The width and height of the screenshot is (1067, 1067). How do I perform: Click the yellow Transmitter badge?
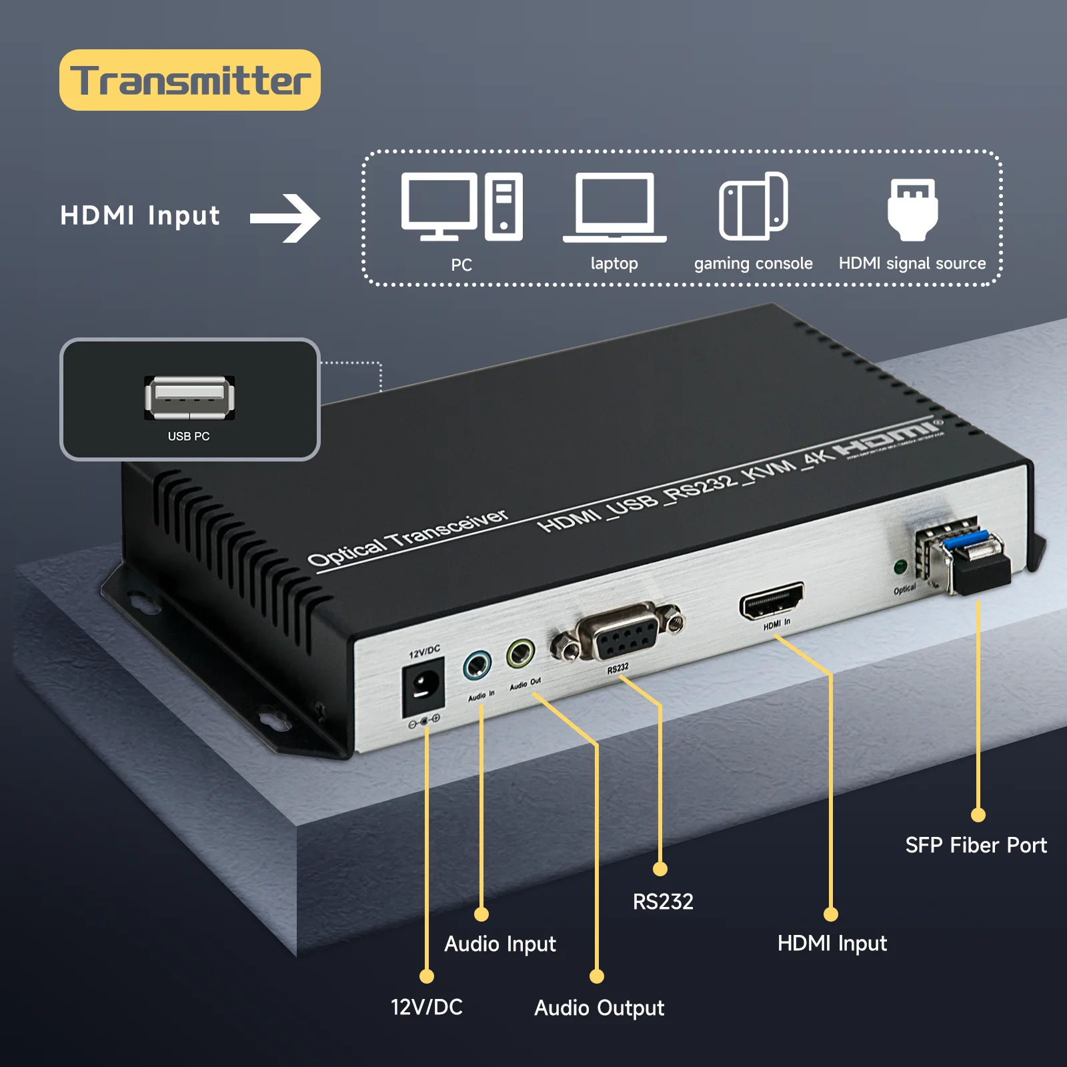pos(189,80)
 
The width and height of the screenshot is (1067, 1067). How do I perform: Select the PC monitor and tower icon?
pos(461,207)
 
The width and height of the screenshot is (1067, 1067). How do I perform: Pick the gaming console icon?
pos(754,206)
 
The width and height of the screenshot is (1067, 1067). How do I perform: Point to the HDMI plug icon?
pos(912,209)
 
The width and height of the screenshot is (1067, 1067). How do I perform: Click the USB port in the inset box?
pos(189,397)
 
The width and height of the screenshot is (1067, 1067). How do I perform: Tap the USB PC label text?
pos(189,436)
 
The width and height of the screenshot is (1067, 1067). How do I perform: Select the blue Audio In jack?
pos(477,665)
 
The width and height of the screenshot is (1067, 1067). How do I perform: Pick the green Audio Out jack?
pos(520,654)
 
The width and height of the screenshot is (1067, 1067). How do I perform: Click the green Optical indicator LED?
pos(900,568)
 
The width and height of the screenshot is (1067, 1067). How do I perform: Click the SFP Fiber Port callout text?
pos(976,845)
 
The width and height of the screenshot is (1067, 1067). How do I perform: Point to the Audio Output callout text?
pos(599,1008)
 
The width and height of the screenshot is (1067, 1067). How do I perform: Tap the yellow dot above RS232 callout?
pos(660,869)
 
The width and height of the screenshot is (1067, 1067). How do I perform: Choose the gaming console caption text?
pos(753,263)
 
